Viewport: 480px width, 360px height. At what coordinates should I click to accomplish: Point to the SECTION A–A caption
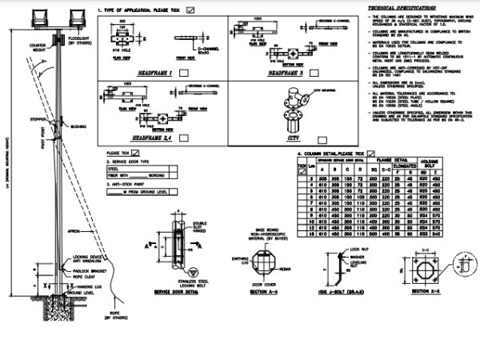point(264,293)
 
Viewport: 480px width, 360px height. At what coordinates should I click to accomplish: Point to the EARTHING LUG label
point(240,259)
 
